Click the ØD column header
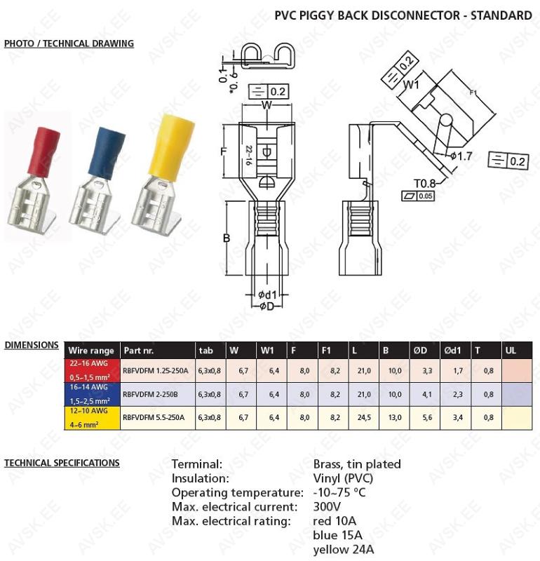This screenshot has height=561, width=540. tap(420, 351)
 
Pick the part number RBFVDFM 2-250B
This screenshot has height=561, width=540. tap(150, 394)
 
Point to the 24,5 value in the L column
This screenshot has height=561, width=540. tap(364, 417)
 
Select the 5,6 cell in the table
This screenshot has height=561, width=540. tap(427, 417)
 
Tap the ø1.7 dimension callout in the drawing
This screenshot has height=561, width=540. tap(461, 156)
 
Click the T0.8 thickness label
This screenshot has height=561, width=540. tap(425, 184)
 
